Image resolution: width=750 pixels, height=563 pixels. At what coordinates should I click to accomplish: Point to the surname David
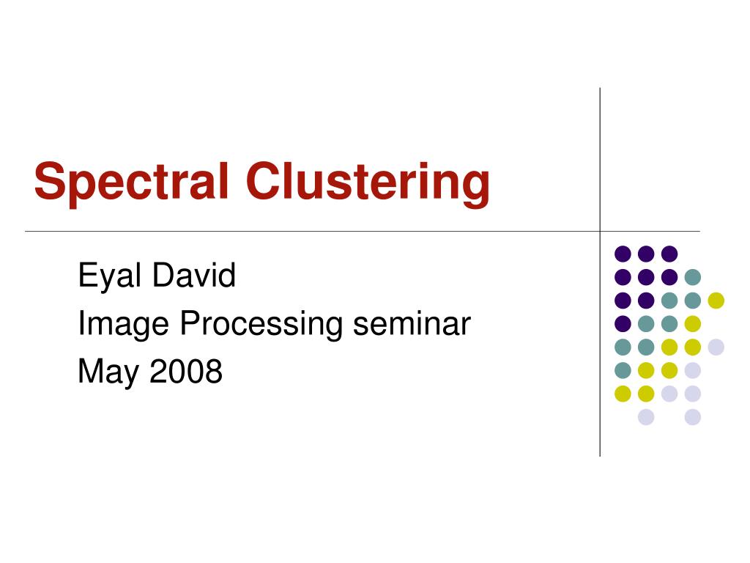point(193,275)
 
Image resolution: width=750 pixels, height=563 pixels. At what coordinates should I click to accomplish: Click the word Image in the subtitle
point(123,324)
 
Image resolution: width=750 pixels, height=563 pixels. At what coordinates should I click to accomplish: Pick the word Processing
point(261,324)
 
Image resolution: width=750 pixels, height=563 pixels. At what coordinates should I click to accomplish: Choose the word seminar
point(412,323)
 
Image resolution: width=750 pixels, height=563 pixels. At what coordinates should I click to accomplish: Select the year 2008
point(186,371)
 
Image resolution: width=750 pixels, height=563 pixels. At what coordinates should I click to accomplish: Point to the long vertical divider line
point(600,272)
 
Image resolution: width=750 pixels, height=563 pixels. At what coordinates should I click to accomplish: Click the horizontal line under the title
point(363,231)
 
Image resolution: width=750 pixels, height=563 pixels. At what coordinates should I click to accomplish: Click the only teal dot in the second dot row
point(693,276)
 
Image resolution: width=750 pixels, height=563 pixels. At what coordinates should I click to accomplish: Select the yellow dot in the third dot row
point(716,300)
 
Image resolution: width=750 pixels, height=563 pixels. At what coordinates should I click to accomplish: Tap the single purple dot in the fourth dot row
point(623,323)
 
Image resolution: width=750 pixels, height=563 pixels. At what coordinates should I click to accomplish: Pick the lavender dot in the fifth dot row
point(716,347)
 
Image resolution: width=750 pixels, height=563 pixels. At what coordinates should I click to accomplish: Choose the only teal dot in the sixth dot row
point(623,370)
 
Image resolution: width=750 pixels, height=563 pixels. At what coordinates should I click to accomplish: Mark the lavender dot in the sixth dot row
point(693,370)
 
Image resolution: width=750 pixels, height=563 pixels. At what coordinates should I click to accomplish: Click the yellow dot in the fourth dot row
point(693,323)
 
